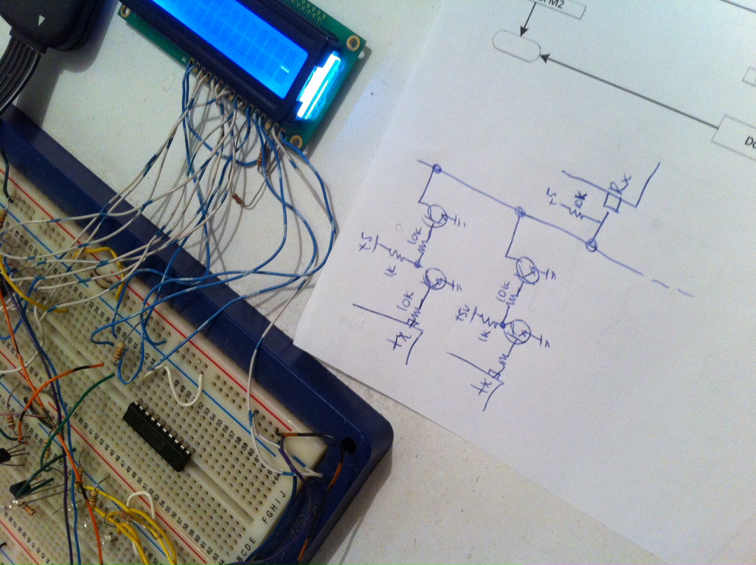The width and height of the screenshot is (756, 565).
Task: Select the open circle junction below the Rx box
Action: point(592,245)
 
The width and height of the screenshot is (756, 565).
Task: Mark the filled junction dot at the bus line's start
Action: point(437,170)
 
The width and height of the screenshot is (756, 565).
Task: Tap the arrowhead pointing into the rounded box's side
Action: point(544,58)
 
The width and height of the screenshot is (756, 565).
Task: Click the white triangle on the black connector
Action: point(41,22)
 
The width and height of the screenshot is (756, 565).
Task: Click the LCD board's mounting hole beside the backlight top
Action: point(352,42)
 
